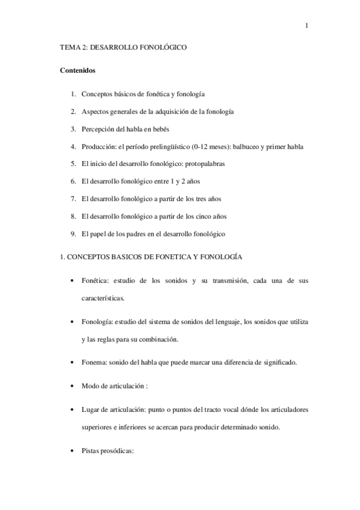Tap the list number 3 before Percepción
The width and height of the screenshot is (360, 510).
click(73, 128)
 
